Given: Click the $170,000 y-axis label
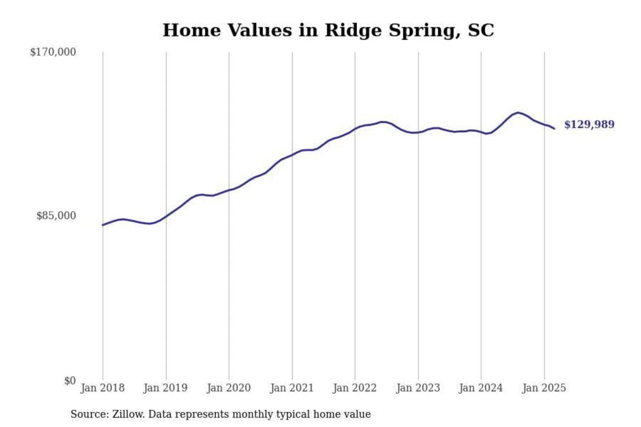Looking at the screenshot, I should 53,52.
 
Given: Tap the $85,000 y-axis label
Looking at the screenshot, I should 56,216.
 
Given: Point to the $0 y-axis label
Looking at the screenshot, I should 70,381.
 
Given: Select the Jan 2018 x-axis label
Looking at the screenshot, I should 102,388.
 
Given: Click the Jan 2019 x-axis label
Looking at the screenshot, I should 166,388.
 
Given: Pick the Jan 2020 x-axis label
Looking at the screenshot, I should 229,388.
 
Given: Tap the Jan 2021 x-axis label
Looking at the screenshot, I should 292,388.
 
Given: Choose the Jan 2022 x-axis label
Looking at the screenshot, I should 355,388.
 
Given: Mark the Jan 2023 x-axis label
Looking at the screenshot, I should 418,388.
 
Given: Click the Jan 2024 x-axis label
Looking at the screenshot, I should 481,388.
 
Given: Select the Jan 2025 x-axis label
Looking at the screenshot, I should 544,388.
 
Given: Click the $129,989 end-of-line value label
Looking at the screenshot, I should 589,125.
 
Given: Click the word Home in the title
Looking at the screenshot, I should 192,31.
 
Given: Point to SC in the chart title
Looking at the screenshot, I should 481,31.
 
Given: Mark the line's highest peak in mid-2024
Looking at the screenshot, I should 518,113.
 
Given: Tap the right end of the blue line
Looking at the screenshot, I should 554,129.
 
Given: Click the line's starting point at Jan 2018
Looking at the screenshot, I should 103,225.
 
